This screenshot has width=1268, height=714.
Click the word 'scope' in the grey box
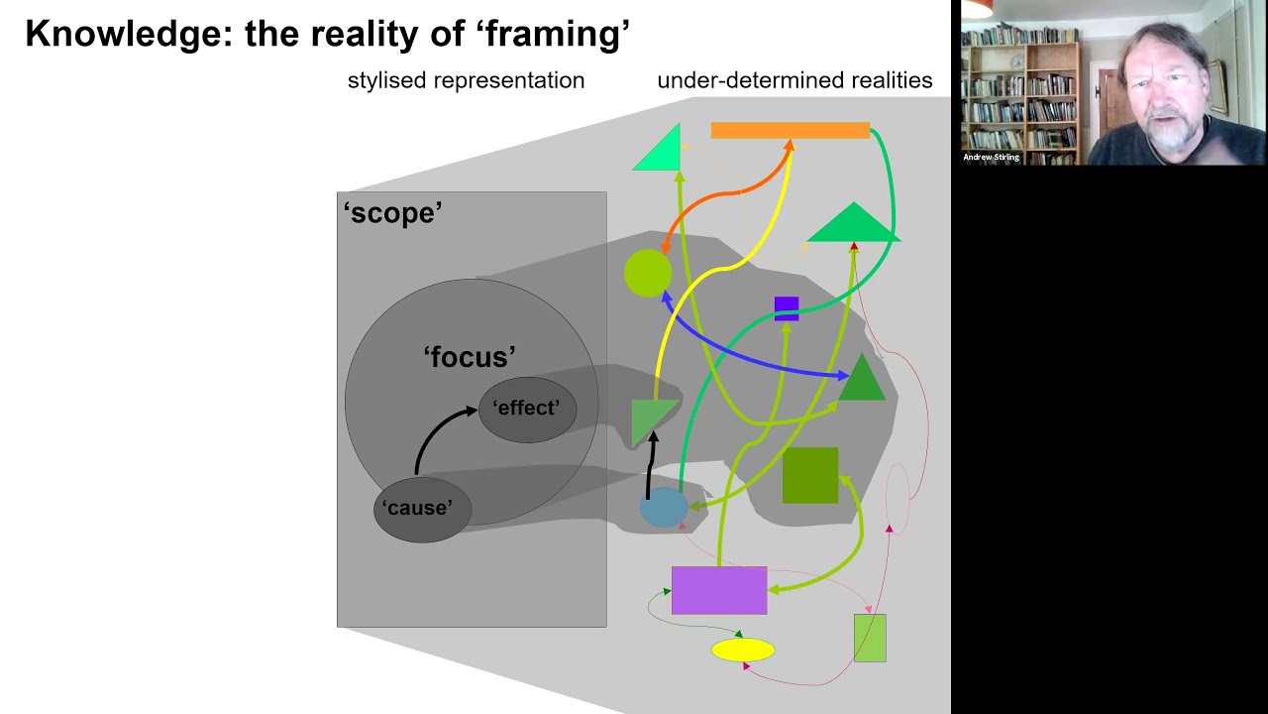[x=392, y=213]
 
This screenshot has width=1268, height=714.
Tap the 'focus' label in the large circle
[x=470, y=357]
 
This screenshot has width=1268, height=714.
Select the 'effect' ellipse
[x=527, y=409]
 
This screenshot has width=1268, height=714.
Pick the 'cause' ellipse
[x=422, y=509]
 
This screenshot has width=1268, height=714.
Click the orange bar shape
[x=790, y=130]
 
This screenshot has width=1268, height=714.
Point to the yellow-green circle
[x=648, y=273]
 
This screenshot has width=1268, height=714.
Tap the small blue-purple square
[x=787, y=308]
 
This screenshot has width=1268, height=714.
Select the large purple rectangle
[x=719, y=590]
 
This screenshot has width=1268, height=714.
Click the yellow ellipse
[x=743, y=651]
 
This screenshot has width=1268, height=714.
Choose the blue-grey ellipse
[x=663, y=508]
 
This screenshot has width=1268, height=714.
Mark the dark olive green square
[x=810, y=475]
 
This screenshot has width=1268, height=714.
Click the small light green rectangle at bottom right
[x=870, y=638]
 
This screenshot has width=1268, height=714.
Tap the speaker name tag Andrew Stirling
[x=991, y=157]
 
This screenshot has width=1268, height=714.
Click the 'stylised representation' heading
[x=466, y=80]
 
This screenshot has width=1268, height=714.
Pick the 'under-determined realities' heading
[x=794, y=80]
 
